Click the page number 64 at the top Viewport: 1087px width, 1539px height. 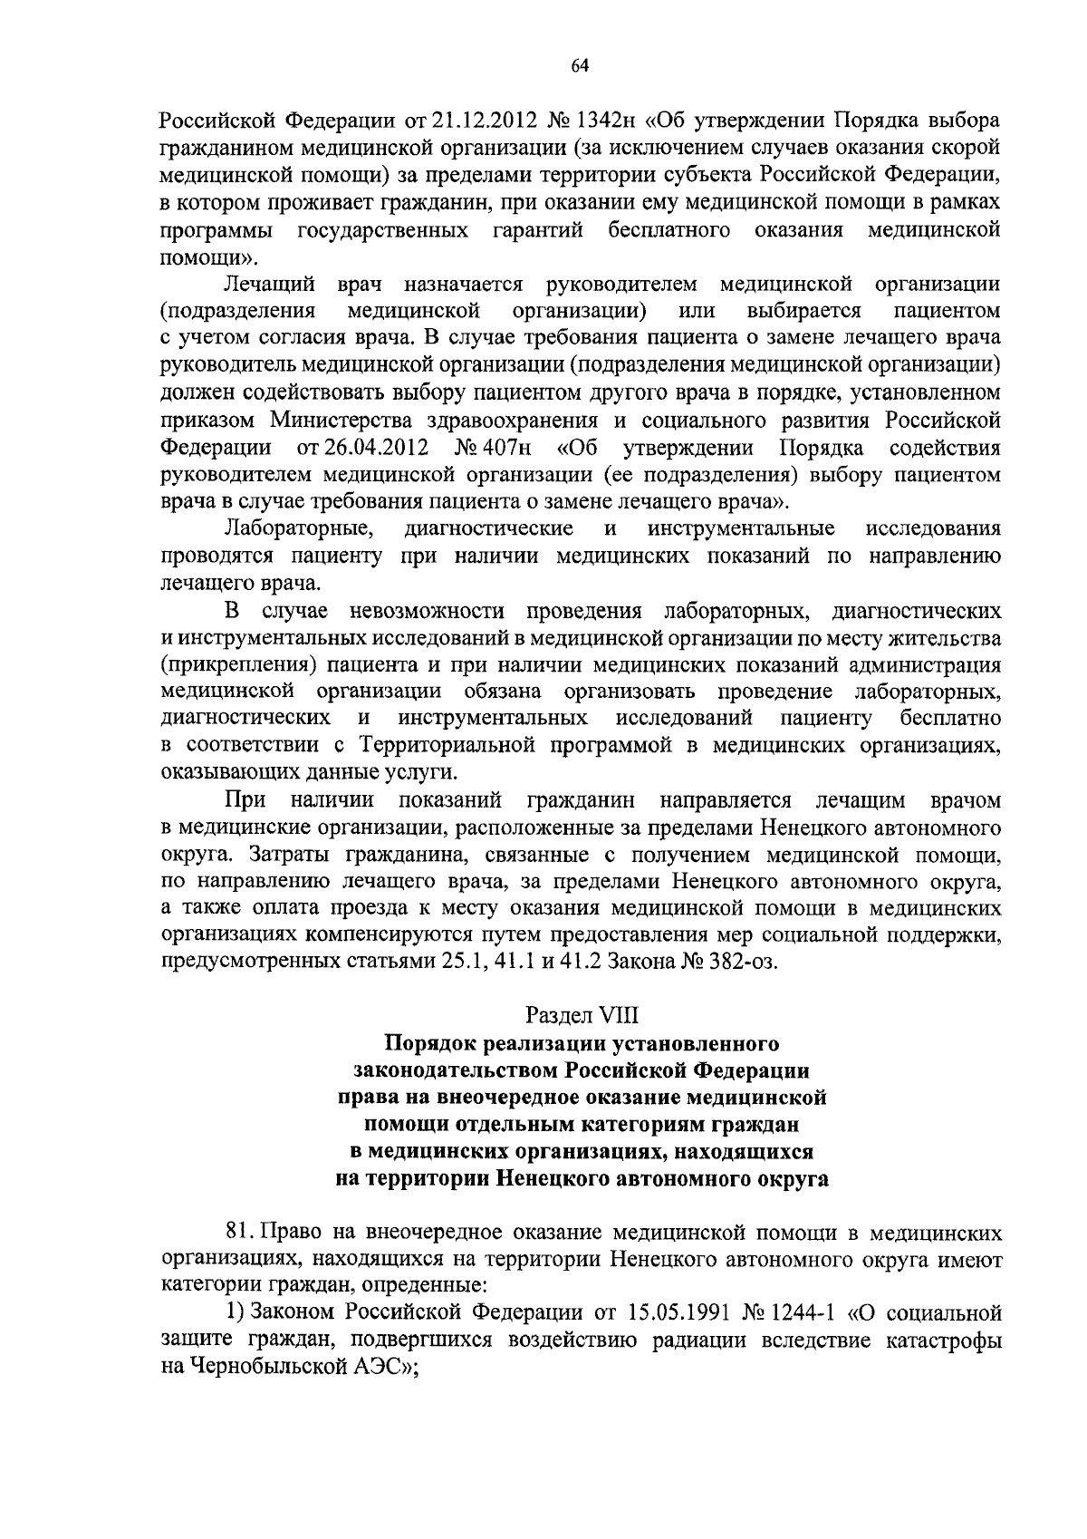tap(580, 64)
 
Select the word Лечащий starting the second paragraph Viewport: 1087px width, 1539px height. tap(269, 285)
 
